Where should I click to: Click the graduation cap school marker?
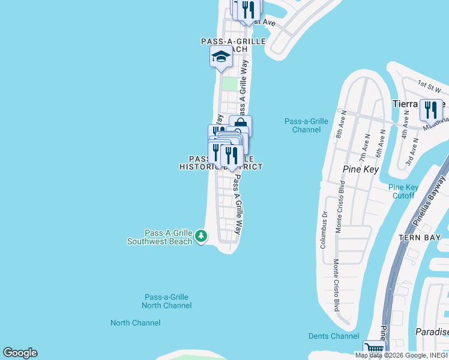221,58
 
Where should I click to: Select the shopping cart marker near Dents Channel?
374,349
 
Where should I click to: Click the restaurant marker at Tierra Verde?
431,109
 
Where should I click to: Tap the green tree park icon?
201,237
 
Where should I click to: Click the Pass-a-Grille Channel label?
306,125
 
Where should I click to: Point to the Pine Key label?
359,169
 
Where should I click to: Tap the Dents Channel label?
333,336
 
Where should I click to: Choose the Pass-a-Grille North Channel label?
167,301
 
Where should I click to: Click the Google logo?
20,353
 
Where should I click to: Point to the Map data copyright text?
402,355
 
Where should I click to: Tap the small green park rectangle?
229,83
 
